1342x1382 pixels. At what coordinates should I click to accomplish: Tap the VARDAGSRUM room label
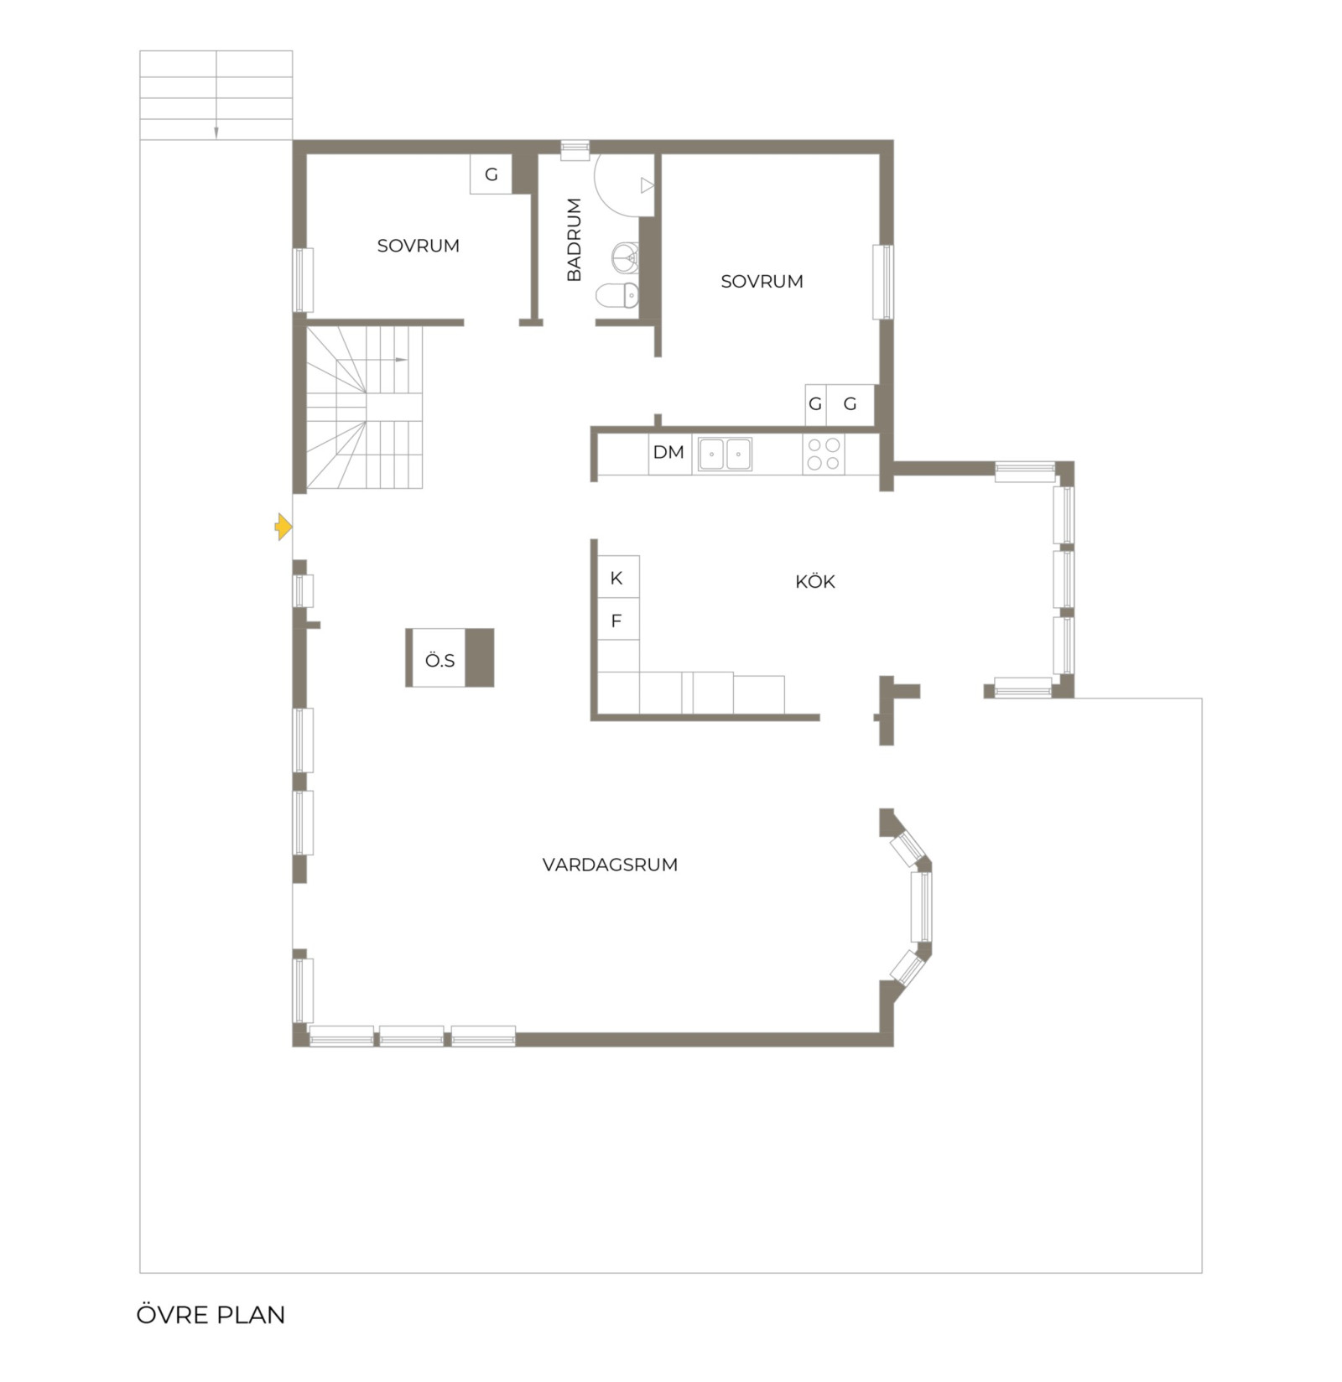610,865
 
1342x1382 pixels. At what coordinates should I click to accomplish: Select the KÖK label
815,581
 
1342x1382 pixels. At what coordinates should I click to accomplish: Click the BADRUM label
574,240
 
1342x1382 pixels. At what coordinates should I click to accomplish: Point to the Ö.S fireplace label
440,660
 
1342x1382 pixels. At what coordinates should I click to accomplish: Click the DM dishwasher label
668,452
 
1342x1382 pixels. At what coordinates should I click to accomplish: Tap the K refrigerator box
618,577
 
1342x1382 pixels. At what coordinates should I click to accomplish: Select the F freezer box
618,621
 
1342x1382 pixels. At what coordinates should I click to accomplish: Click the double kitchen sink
725,454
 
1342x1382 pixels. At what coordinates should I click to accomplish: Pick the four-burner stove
823,454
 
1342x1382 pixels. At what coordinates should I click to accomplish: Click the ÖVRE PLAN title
211,1314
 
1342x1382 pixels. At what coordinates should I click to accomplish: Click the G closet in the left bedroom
491,174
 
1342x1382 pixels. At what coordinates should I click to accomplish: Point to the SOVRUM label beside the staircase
419,246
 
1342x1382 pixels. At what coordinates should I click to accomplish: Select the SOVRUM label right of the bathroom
762,281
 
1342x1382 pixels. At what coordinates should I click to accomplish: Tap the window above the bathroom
575,149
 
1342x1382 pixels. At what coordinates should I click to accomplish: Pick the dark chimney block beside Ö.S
479,657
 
